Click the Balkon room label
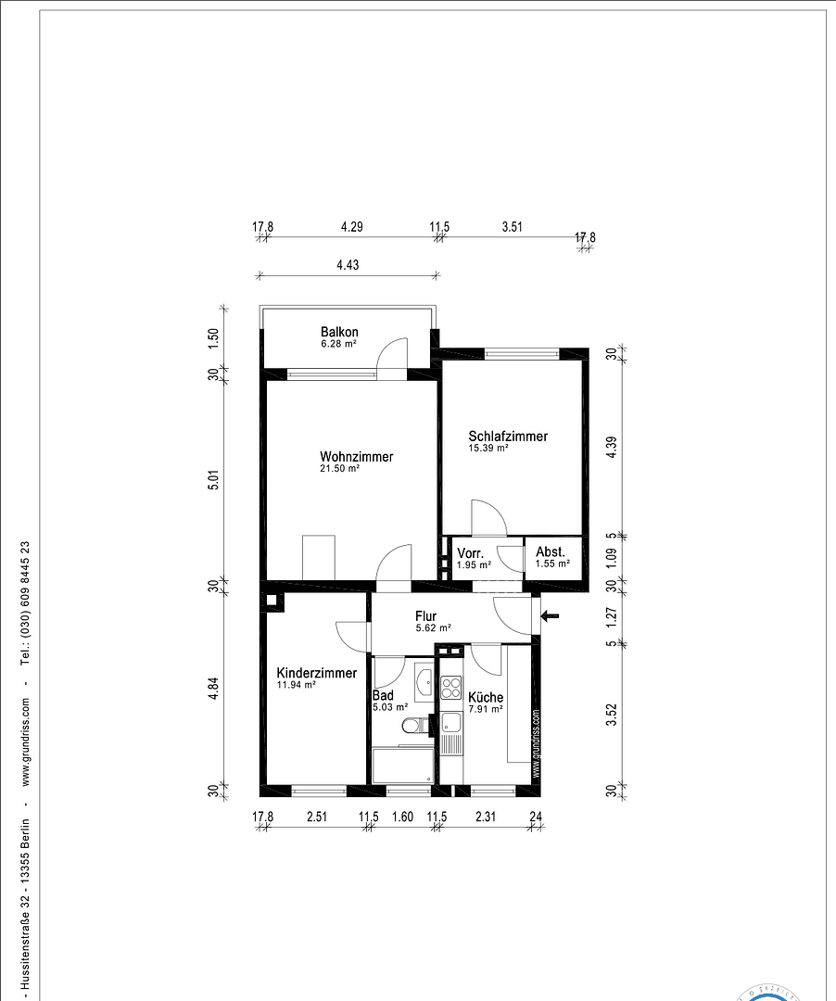tap(339, 332)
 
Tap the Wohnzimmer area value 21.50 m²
tap(340, 470)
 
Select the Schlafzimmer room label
tap(508, 437)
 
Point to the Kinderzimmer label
tap(316, 673)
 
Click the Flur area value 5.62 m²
tap(434, 627)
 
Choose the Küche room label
tap(486, 697)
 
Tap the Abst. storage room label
tap(551, 551)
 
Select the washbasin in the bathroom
tap(424, 684)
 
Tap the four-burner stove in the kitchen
tap(451, 688)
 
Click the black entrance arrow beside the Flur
tap(551, 615)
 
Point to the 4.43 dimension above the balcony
tap(348, 265)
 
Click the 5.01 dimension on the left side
tap(213, 480)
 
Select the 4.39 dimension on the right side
tap(611, 447)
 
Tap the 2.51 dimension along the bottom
tap(316, 817)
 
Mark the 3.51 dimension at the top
tap(512, 226)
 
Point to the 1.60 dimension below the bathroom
tap(402, 817)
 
